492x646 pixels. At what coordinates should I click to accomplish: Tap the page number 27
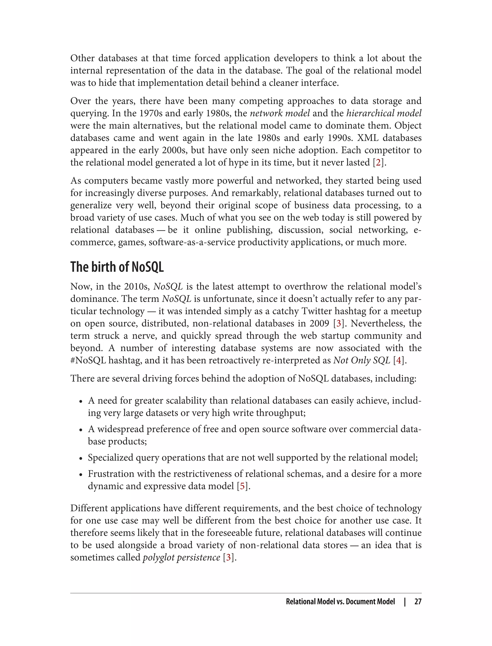tap(418, 602)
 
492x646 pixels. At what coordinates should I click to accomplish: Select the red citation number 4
tap(399, 360)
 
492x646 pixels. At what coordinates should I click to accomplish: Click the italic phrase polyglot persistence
tap(181, 557)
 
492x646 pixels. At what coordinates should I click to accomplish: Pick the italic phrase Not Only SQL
tap(362, 360)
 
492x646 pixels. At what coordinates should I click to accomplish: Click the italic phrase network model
tap(280, 113)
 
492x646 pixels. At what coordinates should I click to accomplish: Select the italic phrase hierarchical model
tap(384, 113)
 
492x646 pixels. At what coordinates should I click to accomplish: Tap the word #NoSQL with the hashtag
tap(88, 360)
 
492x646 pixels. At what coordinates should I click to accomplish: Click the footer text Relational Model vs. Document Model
tap(340, 602)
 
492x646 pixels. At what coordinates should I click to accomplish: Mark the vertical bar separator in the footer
tap(405, 602)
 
